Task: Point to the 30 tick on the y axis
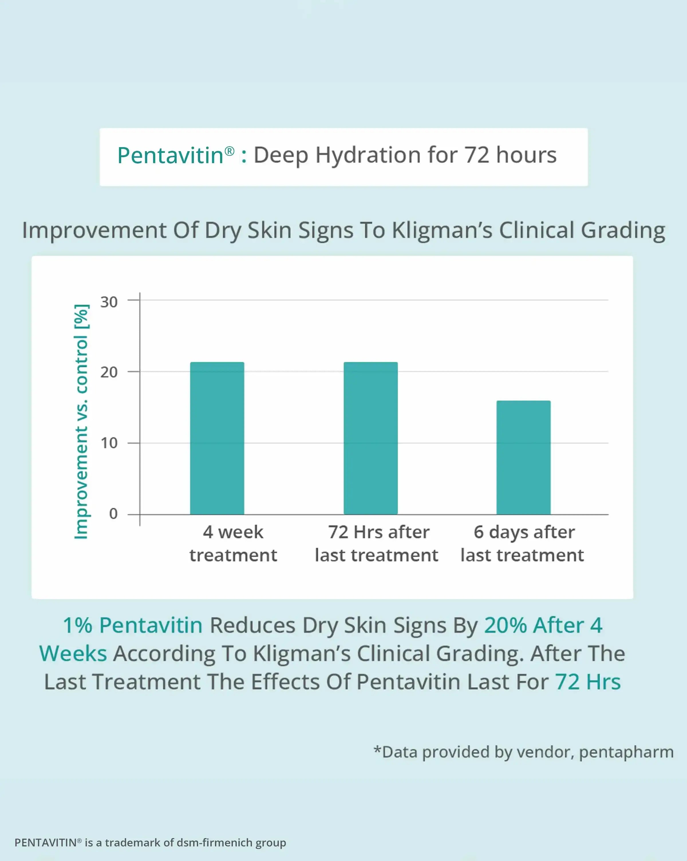[109, 302]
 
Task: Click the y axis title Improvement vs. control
[82, 421]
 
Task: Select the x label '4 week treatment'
[233, 544]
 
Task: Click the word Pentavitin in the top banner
[170, 156]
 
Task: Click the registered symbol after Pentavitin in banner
[229, 151]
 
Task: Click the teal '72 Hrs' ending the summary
[588, 682]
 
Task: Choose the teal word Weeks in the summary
[73, 654]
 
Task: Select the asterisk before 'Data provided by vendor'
[377, 750]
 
